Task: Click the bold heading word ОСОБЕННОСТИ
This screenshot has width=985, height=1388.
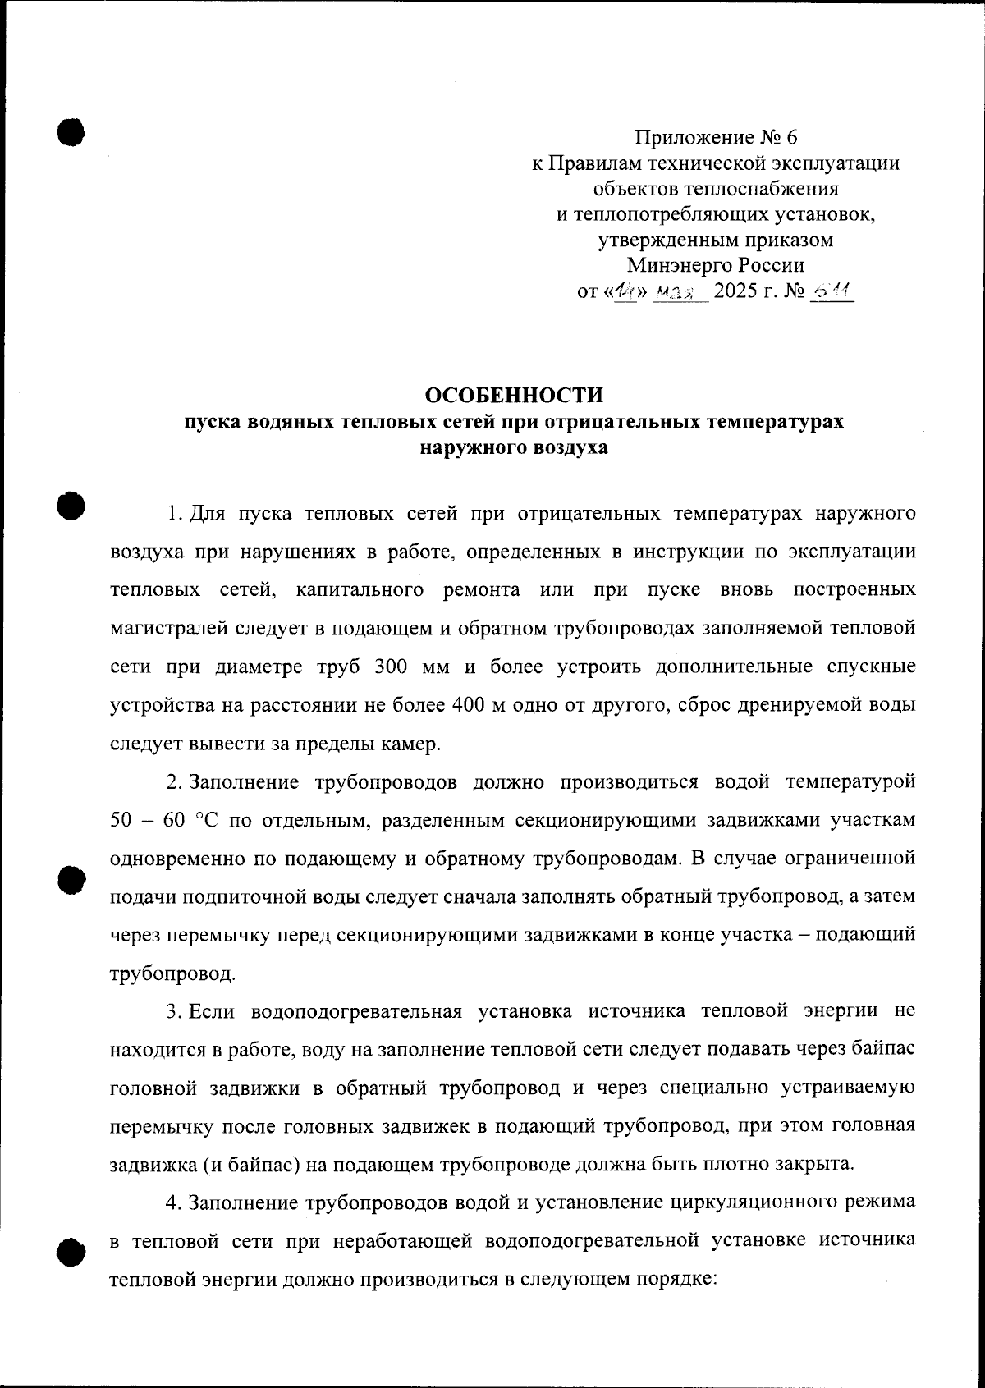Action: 513,395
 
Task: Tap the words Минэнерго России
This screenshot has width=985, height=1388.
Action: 716,265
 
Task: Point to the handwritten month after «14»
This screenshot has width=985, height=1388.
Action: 678,292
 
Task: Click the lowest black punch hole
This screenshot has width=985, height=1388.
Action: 71,1252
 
